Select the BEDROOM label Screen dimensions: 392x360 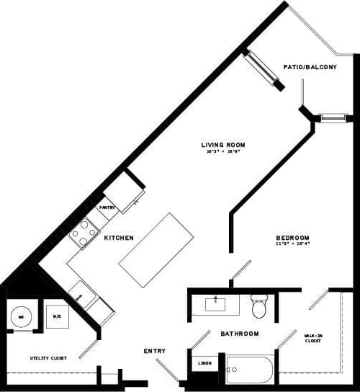pyautogui.click(x=293, y=238)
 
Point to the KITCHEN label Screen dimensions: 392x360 pyautogui.click(x=119, y=238)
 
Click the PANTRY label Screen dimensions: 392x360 pyautogui.click(x=107, y=208)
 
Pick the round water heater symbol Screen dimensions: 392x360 pyautogui.click(x=21, y=316)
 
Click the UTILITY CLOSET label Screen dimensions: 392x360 pyautogui.click(x=48, y=357)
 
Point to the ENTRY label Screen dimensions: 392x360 pyautogui.click(x=154, y=351)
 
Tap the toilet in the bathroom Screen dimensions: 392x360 pyautogui.click(x=258, y=307)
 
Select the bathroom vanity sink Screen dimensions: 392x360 pyautogui.click(x=215, y=304)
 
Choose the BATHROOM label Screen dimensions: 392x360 pyautogui.click(x=240, y=334)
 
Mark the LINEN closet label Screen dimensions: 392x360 pyautogui.click(x=205, y=362)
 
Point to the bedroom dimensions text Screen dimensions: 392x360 pyautogui.click(x=292, y=245)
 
